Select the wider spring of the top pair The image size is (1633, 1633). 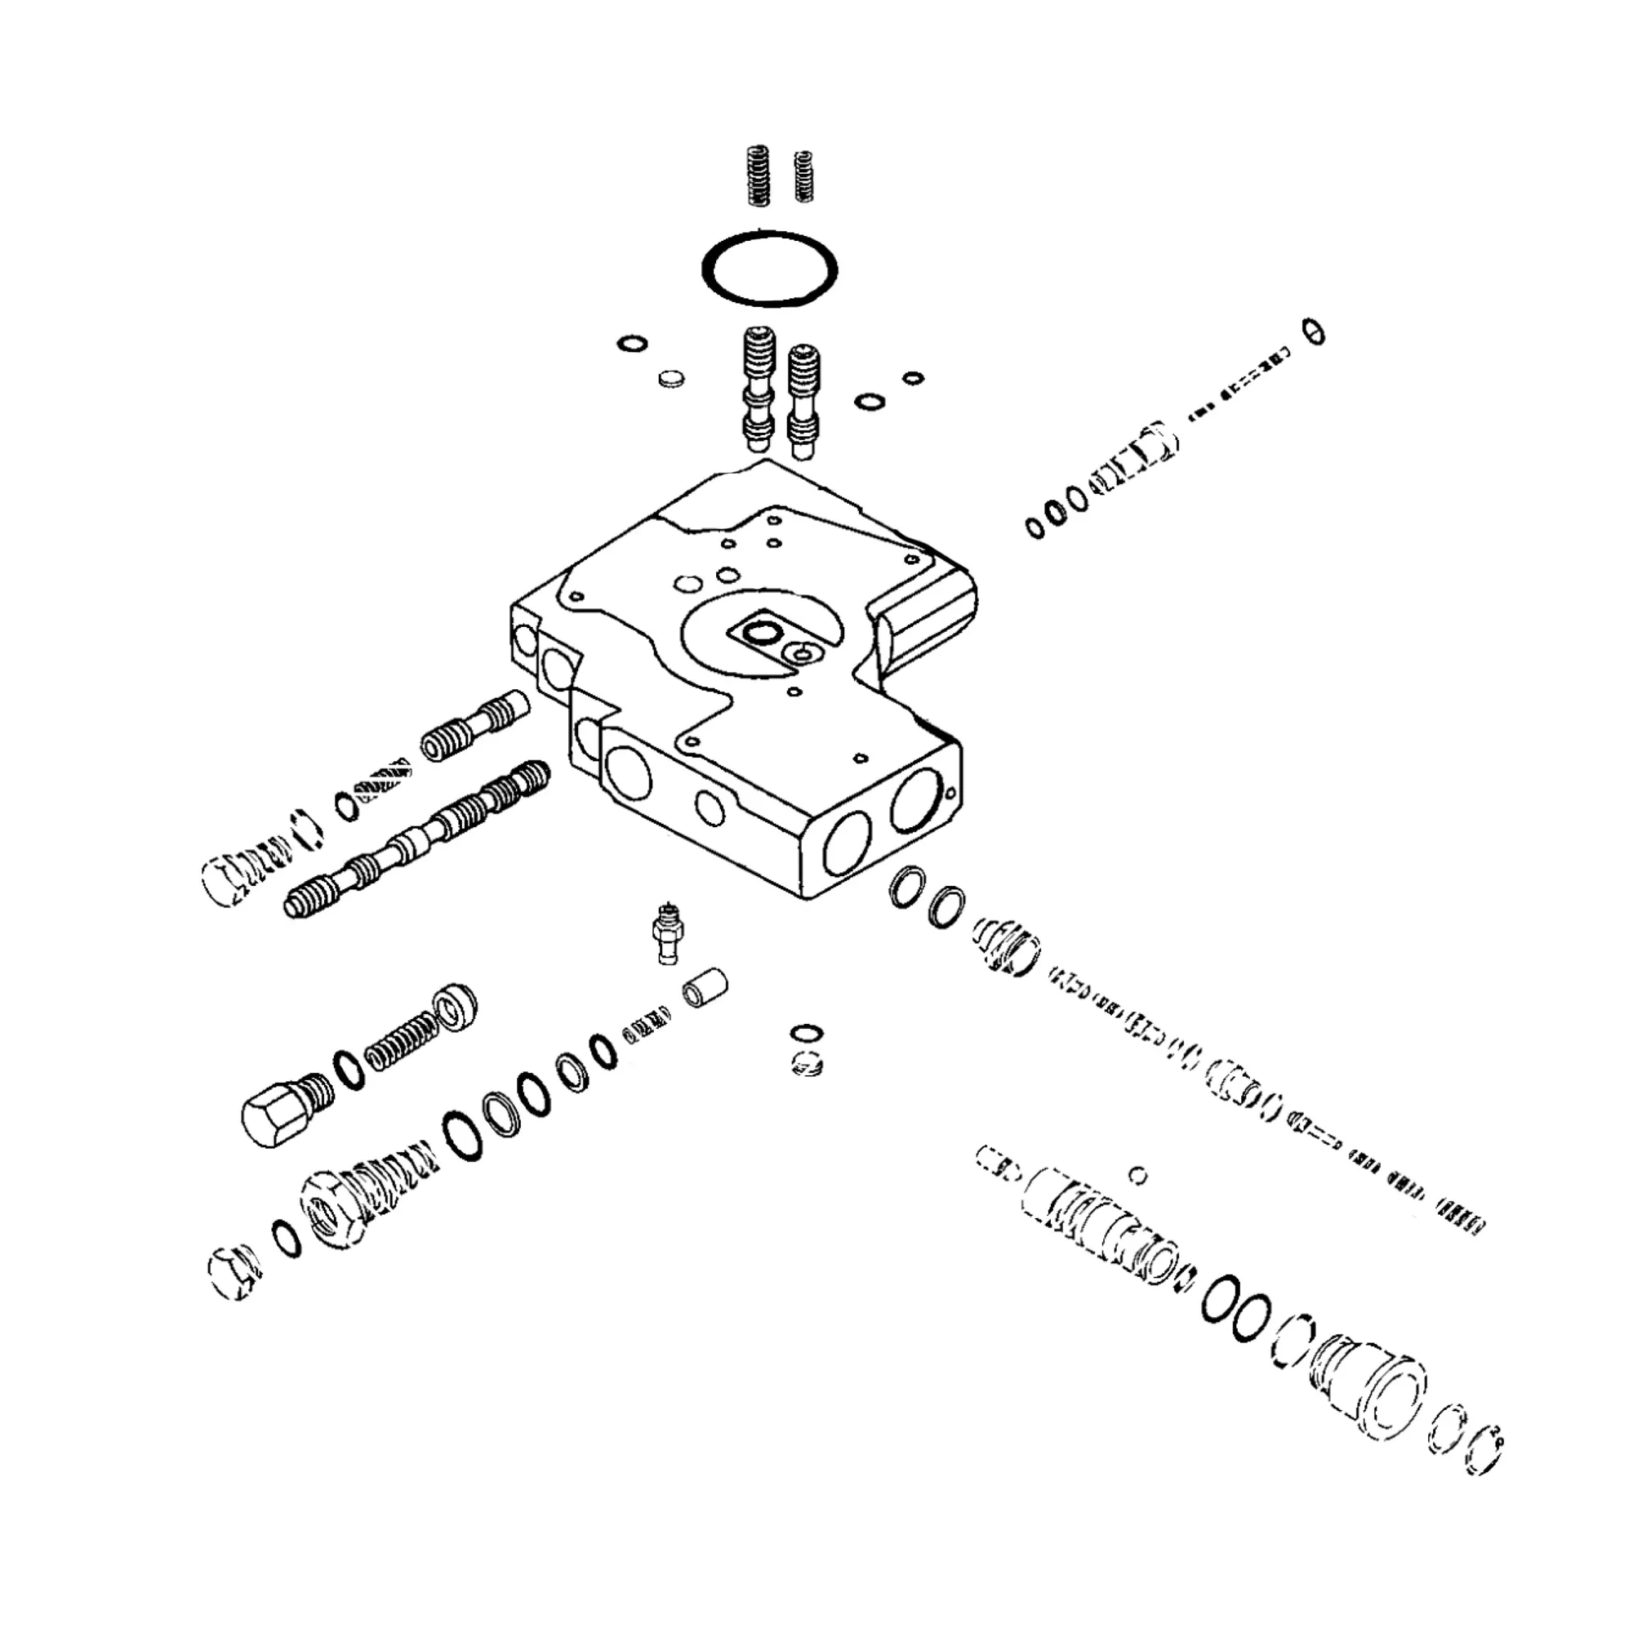pos(759,176)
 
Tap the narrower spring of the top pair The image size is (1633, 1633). pos(803,176)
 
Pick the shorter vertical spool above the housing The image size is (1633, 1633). pos(803,401)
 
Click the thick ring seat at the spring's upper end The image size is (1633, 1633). pos(455,1007)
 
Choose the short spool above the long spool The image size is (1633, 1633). pos(474,728)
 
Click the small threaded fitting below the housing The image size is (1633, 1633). pos(670,932)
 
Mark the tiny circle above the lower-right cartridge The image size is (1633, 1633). pos(1138,1175)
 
